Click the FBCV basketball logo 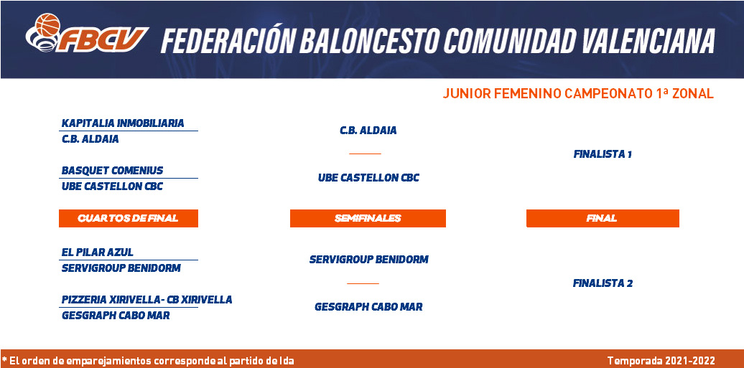(87, 33)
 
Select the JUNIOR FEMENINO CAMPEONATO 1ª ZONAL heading (578, 93)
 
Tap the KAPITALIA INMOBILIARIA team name (123, 123)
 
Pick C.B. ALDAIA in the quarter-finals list (90, 139)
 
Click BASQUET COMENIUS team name (113, 170)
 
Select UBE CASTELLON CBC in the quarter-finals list (113, 187)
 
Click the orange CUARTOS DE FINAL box (128, 218)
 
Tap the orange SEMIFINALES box (368, 218)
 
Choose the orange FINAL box (603, 218)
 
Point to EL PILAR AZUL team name (98, 253)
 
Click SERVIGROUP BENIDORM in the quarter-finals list (121, 268)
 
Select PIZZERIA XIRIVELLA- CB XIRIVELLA (147, 300)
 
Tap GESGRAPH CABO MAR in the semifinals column (368, 307)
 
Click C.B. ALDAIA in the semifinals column (368, 131)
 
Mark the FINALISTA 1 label (603, 154)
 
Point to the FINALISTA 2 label (603, 283)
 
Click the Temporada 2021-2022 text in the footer (661, 361)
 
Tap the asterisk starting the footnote (4, 359)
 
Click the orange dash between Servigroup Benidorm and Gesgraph (363, 283)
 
